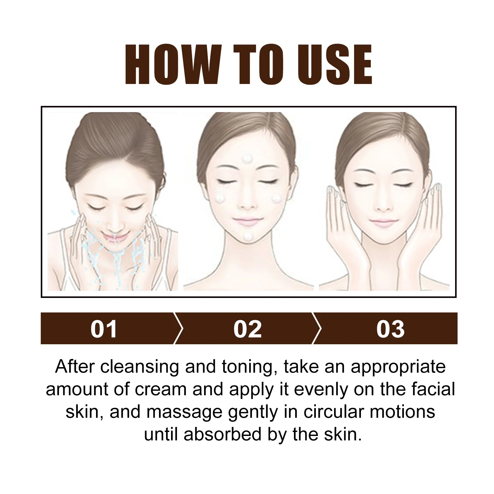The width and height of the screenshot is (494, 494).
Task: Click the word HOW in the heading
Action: [171, 65]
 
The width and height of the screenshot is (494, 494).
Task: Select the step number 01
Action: [104, 329]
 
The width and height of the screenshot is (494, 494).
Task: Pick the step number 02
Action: [248, 329]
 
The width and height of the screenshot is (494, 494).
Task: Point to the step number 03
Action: [390, 329]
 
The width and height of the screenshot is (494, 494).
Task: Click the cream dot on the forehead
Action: [247, 159]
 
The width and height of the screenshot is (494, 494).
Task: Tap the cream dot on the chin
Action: [249, 236]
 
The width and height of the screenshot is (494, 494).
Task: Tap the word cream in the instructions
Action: [161, 389]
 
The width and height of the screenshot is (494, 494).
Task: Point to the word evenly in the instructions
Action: [322, 390]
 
